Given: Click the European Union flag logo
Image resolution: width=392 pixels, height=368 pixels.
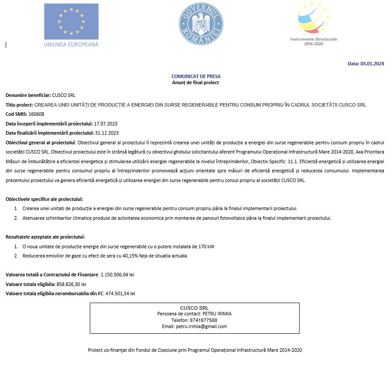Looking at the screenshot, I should [x=71, y=22].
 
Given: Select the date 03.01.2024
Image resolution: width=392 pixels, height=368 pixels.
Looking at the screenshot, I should [x=372, y=64].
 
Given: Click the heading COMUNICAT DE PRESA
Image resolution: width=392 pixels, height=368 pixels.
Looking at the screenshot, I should [x=196, y=76].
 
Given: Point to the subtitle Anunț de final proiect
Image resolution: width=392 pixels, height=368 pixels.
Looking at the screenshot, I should [x=195, y=82].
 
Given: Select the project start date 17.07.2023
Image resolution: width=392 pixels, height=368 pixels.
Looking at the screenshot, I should [x=106, y=124].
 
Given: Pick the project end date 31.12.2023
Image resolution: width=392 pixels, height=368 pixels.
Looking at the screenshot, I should [x=106, y=133].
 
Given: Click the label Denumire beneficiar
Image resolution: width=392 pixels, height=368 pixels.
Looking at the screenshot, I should [x=28, y=95].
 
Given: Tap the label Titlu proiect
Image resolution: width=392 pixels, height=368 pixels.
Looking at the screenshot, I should [x=19, y=105].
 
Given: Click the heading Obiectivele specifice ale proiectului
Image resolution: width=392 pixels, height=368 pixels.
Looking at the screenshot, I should [x=44, y=199].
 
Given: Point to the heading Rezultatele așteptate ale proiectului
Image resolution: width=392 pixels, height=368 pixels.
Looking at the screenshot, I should [x=45, y=237].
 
